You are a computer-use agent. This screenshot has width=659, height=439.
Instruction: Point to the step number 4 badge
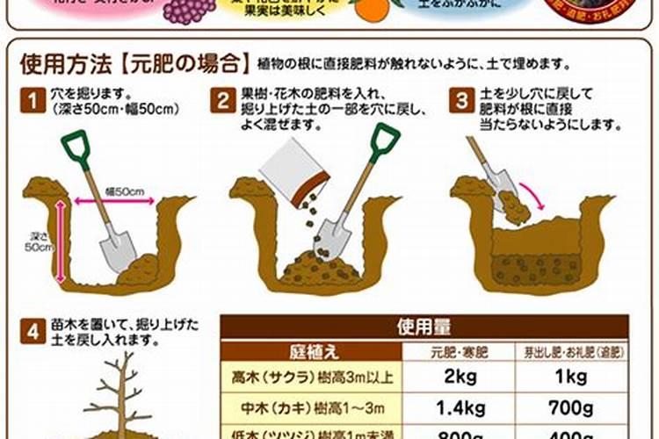coord(32,331)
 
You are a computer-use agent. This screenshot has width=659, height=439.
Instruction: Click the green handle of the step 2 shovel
coord(385,142)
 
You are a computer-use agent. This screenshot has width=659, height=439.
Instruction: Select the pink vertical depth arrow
coord(60,241)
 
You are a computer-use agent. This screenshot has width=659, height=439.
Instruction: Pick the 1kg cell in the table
coord(571,378)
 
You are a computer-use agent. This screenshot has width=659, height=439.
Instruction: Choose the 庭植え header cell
coord(311,352)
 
